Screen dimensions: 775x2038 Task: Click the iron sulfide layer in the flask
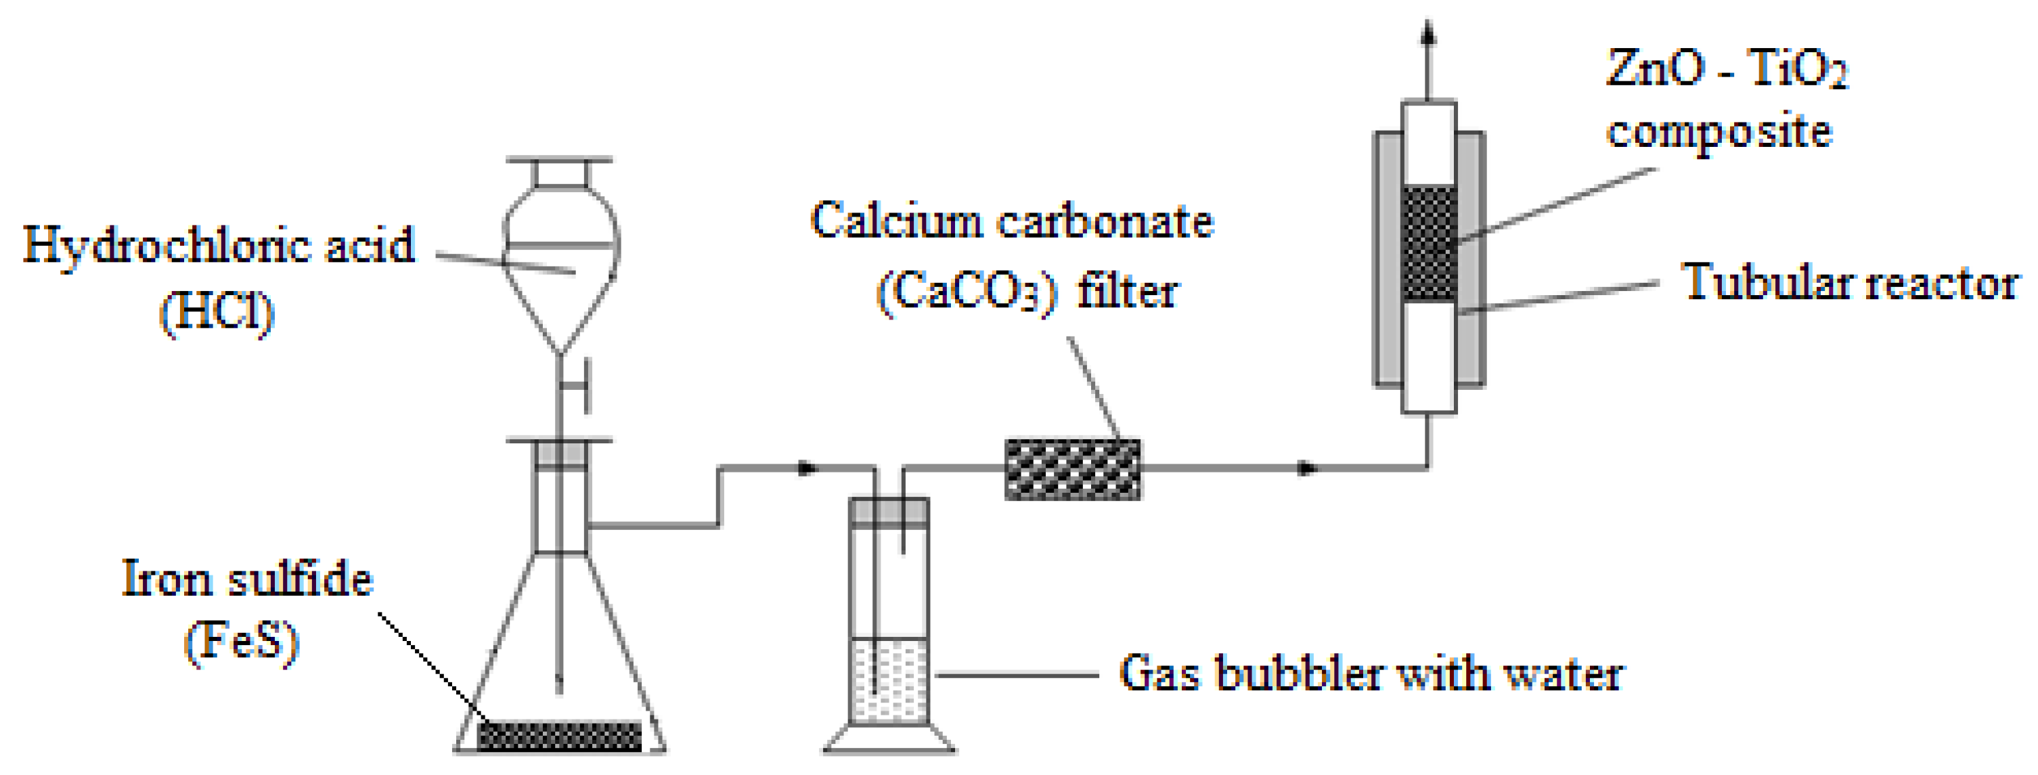559,736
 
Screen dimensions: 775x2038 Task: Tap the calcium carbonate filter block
1073,470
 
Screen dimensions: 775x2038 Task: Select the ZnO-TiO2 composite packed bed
1428,243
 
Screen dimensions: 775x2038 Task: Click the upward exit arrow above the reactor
1428,36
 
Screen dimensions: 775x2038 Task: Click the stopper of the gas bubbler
889,512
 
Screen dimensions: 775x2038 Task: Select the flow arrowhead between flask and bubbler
807,468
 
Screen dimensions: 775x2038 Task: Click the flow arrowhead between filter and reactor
1308,468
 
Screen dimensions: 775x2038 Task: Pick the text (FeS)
242,642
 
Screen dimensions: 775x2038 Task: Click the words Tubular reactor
1849,283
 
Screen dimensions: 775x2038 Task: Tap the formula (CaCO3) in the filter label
967,292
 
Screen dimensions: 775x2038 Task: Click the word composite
1719,132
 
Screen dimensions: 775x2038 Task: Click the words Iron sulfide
247,579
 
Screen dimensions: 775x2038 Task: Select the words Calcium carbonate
1012,221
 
